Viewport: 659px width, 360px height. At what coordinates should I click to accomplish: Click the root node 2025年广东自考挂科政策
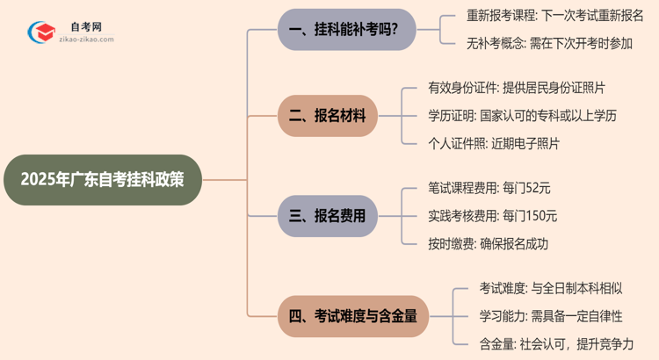(x=102, y=181)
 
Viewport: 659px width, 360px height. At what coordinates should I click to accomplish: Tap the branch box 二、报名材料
(x=328, y=115)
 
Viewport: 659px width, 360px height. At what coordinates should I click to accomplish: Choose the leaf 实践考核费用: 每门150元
(x=492, y=215)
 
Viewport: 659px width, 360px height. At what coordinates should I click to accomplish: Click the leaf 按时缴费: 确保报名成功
(x=488, y=242)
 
